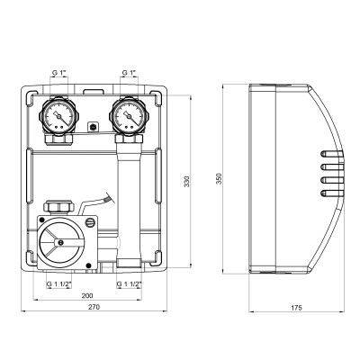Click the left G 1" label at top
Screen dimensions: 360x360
coord(60,71)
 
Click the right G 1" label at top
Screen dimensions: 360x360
coord(130,71)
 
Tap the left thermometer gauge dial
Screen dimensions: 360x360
coord(59,117)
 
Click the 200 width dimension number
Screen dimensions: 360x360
coord(86,295)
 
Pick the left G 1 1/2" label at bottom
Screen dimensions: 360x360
coord(60,283)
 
